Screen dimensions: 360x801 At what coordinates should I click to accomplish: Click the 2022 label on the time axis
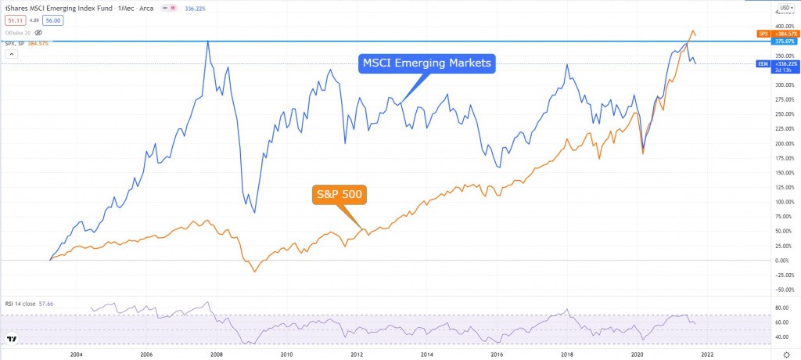[x=707, y=354]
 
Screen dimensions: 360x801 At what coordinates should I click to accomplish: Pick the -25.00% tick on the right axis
[x=782, y=275]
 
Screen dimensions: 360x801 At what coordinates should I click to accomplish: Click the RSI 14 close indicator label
[x=31, y=301]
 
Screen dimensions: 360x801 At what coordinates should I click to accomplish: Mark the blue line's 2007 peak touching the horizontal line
[x=207, y=41]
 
